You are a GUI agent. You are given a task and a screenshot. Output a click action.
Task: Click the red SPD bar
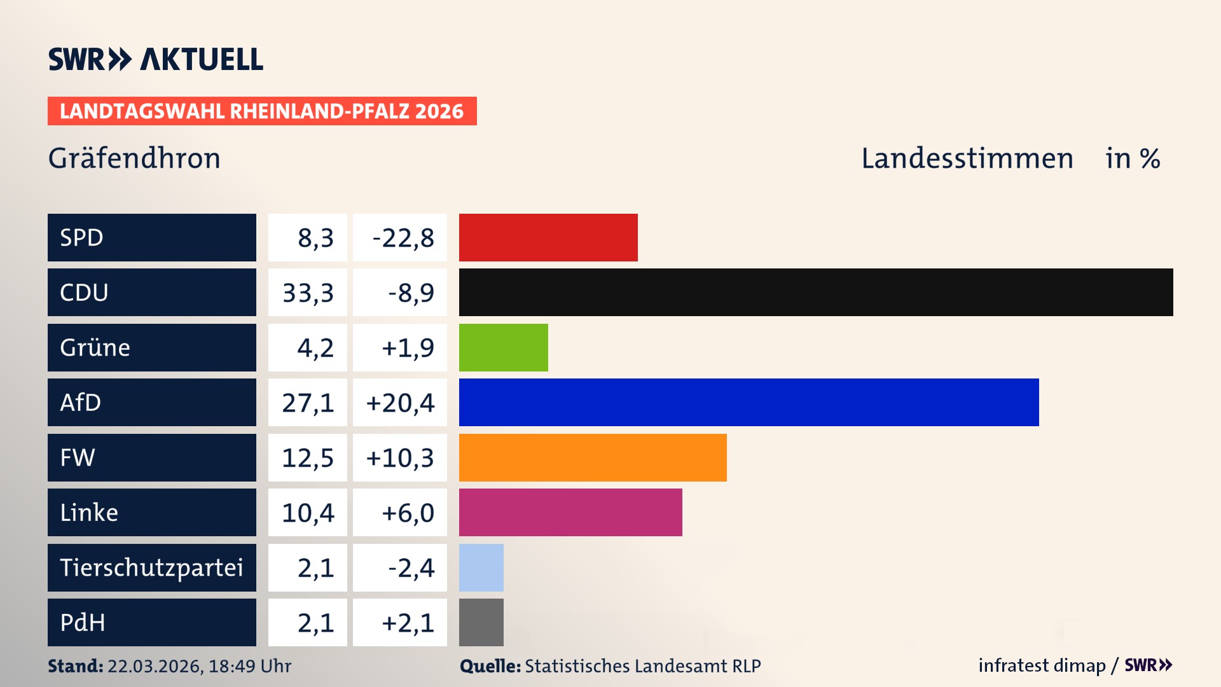point(548,237)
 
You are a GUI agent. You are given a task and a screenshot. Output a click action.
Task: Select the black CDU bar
point(816,293)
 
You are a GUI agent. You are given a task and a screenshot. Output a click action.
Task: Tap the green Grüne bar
point(503,347)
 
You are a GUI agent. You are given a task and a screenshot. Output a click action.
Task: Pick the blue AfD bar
point(748,402)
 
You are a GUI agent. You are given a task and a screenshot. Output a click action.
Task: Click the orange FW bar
point(593,457)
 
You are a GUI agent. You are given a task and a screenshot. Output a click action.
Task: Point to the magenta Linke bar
point(570,512)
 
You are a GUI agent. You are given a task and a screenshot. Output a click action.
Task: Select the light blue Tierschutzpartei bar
point(481,567)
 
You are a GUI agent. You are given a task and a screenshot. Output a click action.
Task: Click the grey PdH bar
point(481,622)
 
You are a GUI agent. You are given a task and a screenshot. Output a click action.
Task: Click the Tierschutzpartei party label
point(151,567)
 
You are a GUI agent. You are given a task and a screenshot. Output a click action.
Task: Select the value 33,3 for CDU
point(308,293)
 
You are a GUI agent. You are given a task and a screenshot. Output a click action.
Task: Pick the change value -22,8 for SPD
point(403,238)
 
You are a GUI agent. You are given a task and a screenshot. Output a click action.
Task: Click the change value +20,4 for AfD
point(400,403)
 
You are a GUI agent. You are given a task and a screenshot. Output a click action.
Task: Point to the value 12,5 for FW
point(308,458)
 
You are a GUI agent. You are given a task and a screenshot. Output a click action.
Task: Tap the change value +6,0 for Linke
point(408,513)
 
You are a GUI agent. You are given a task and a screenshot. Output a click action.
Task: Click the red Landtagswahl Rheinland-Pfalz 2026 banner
point(262,111)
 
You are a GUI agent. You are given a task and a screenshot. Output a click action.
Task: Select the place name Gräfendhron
point(134,158)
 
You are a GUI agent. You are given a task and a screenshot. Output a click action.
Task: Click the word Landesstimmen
point(967,158)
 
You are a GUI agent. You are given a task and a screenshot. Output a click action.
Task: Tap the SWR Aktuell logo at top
point(156,59)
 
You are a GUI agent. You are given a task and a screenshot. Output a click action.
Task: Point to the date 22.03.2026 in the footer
point(155,666)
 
